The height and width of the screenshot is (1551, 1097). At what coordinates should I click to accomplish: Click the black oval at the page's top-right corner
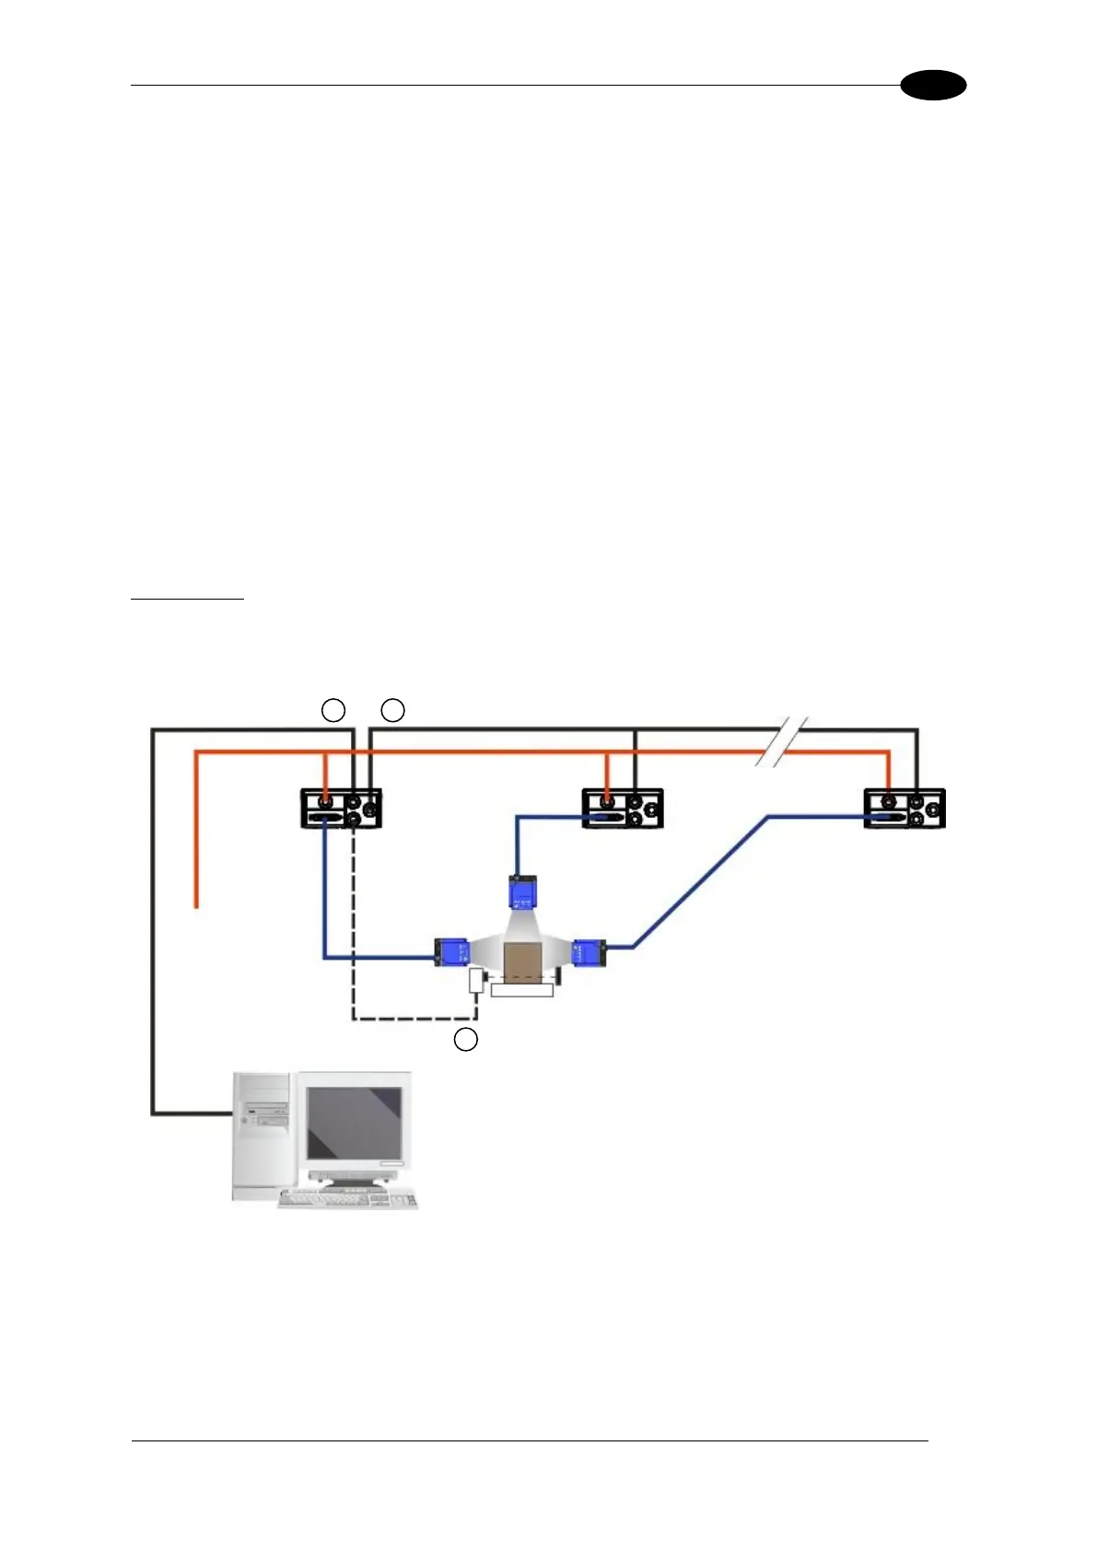tap(933, 86)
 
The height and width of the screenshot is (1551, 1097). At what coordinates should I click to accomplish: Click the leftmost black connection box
tap(341, 809)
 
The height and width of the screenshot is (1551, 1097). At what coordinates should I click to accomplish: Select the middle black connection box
tap(623, 809)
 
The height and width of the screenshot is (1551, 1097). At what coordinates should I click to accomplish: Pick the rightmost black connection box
tap(904, 809)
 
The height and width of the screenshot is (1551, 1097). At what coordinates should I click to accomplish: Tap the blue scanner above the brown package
tap(522, 892)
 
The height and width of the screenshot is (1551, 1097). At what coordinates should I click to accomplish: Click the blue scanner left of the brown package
tap(452, 950)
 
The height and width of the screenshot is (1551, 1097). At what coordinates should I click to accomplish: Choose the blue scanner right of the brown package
tap(589, 951)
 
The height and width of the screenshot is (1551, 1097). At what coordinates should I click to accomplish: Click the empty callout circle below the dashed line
tap(466, 1040)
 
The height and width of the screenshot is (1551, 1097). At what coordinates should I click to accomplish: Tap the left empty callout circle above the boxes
tap(333, 710)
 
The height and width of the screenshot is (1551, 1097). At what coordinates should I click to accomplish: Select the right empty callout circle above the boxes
tap(393, 710)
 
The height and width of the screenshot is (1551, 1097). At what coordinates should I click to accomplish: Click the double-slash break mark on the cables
tap(782, 742)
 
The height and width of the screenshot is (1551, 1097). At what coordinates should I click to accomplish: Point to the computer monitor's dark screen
tap(354, 1123)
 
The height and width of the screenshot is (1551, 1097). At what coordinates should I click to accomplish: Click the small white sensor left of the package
tap(476, 980)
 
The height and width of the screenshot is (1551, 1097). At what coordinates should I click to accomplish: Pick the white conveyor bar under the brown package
tap(522, 990)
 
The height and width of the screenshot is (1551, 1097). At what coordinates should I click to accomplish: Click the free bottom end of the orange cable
tap(196, 906)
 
